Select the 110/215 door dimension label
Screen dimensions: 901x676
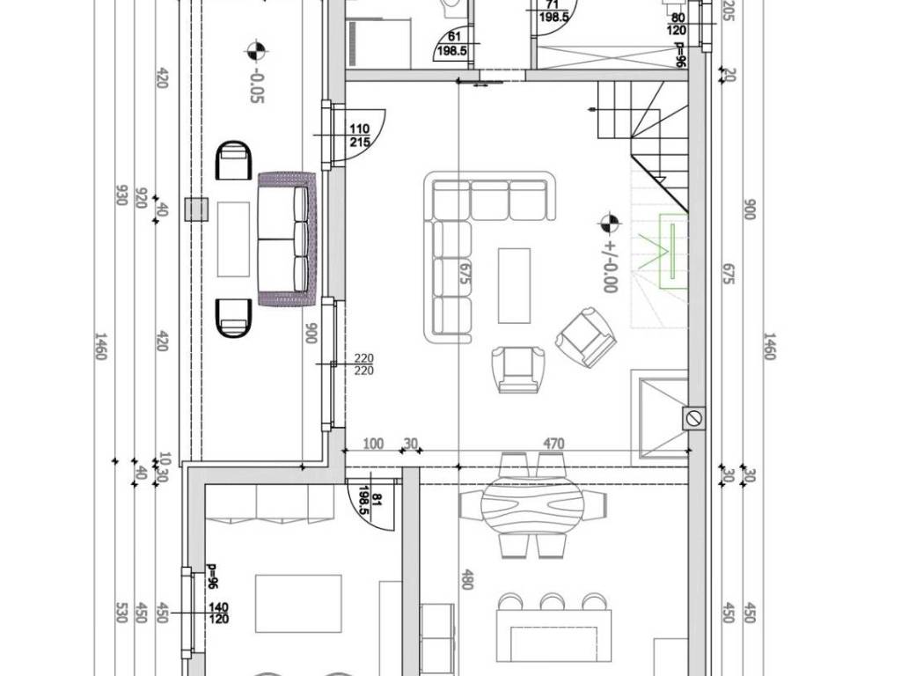[359, 136]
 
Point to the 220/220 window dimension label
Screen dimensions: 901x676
[363, 364]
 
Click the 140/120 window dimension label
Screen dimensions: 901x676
[219, 613]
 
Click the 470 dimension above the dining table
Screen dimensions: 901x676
[553, 444]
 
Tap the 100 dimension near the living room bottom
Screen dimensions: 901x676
[373, 444]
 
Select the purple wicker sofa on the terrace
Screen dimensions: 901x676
[288, 238]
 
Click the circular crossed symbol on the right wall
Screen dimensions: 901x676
[694, 418]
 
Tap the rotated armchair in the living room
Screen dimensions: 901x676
[585, 337]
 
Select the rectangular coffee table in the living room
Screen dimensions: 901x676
[514, 286]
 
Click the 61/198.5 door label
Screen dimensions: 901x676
[455, 43]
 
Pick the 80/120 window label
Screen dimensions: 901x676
[678, 24]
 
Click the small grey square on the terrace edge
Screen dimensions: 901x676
[196, 209]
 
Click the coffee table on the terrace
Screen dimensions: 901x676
[233, 239]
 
